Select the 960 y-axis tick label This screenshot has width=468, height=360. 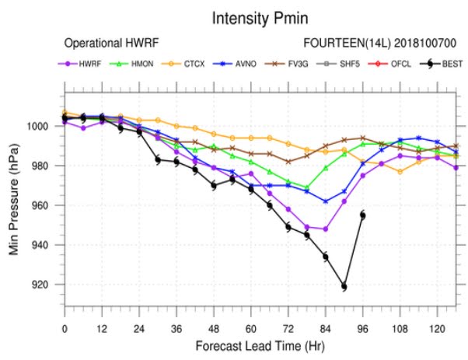(47, 206)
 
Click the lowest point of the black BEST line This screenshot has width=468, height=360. (344, 287)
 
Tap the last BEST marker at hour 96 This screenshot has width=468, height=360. (362, 215)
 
